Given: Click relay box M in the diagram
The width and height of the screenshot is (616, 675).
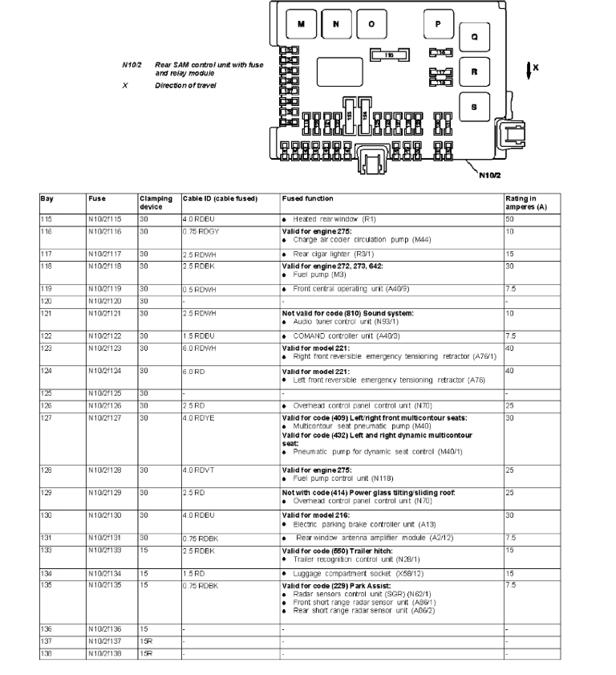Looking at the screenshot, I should (x=302, y=24).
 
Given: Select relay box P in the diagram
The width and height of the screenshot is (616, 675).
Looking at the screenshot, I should (x=438, y=24).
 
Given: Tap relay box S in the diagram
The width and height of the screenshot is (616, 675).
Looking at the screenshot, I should (x=474, y=106).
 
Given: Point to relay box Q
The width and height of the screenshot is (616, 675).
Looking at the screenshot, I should (x=474, y=37).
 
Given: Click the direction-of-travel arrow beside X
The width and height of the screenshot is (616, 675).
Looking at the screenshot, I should (x=529, y=71).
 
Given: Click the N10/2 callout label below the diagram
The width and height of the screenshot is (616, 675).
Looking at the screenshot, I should (x=489, y=174).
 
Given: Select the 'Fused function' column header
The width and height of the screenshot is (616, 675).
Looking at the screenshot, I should (x=308, y=198).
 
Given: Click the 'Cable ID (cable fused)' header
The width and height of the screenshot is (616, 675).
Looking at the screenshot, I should (x=220, y=198).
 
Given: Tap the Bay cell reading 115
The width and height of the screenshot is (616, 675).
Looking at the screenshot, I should (x=46, y=218).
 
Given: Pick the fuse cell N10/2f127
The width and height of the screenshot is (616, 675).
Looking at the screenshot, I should (x=105, y=418).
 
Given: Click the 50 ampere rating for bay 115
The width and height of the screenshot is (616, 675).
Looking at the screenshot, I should (x=509, y=218).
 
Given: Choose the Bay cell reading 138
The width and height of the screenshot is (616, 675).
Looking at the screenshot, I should (x=46, y=653).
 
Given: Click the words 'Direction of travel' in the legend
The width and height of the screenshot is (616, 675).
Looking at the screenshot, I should (x=186, y=85).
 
